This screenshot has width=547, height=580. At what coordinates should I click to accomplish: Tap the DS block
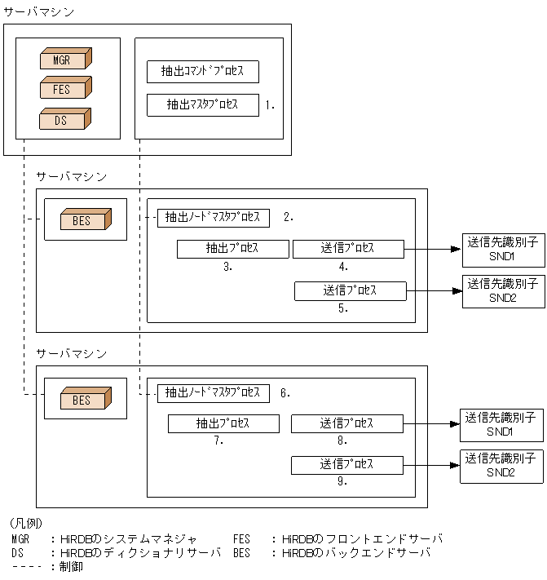point(64,121)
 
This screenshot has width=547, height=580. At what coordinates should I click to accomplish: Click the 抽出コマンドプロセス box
point(203,72)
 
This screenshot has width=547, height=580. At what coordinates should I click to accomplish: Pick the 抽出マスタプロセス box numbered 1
point(203,104)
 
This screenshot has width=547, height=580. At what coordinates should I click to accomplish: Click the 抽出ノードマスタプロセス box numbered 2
point(214,218)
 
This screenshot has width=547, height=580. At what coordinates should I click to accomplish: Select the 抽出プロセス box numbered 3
point(233,249)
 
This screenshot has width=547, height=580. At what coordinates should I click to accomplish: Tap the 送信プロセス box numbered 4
point(348,249)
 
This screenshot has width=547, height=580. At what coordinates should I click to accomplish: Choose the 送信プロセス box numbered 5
point(350,290)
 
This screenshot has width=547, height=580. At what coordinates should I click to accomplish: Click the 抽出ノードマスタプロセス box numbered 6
point(214,393)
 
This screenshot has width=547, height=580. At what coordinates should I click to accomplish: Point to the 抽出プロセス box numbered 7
point(224,423)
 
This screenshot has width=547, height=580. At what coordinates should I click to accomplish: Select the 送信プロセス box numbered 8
point(347,423)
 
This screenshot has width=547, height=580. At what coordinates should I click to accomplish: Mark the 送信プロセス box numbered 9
point(347,465)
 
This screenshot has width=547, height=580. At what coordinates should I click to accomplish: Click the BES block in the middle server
point(84,220)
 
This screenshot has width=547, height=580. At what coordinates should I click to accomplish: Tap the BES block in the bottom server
point(84,400)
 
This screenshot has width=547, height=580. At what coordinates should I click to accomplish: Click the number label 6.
point(284,393)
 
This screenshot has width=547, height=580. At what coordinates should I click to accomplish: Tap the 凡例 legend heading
point(26,523)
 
